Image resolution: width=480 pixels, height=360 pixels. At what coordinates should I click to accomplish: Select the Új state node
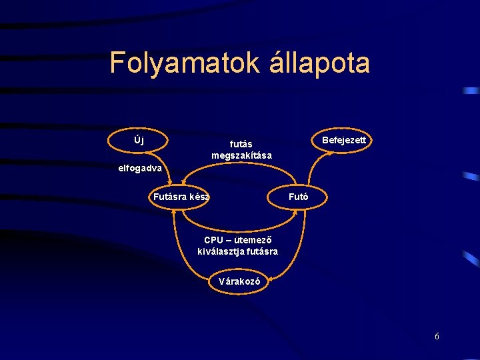click(138, 140)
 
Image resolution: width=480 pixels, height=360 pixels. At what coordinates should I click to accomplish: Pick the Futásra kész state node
click(180, 197)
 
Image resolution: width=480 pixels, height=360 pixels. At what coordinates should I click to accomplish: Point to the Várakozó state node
click(243, 281)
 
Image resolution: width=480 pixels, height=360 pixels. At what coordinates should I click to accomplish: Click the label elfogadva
click(139, 168)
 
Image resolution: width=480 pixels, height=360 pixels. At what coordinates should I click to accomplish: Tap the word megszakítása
click(241, 155)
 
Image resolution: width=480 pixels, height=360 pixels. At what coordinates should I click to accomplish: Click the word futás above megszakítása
click(241, 143)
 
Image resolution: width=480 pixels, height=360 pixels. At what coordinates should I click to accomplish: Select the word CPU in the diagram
click(214, 240)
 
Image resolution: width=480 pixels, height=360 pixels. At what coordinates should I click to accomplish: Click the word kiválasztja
click(222, 251)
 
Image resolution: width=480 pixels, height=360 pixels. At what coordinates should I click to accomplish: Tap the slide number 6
click(437, 337)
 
